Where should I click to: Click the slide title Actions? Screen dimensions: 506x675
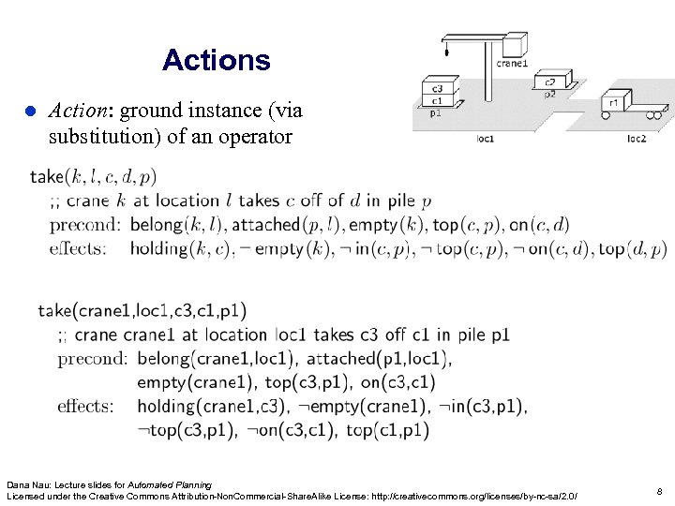216,61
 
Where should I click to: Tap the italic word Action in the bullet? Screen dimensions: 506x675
76,111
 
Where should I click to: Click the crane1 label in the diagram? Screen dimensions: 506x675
512,65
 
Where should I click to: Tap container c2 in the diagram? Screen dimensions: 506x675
550,82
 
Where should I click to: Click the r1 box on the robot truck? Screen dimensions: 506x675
614,103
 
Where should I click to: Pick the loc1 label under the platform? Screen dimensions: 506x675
486,140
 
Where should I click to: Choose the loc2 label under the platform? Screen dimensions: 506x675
636,140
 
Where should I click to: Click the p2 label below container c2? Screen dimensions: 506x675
550,94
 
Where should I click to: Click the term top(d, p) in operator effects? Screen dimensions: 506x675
633,248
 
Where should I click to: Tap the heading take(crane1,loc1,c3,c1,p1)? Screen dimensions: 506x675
142,310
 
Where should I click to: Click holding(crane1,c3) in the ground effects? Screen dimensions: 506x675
202,407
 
